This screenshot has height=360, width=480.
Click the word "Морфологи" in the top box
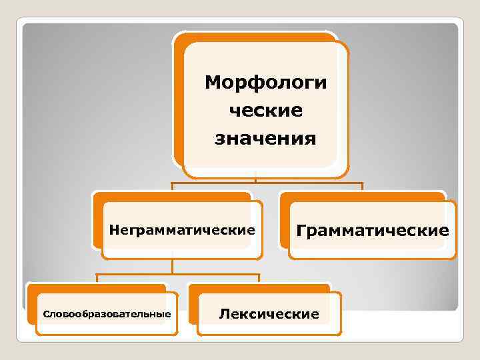coord(266,83)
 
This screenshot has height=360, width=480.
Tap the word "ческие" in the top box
coord(266,111)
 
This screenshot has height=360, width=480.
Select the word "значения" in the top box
coord(265,139)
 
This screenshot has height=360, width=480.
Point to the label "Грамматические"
coord(372,231)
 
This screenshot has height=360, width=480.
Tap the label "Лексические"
coord(269,313)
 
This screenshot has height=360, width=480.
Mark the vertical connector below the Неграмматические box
coord(173,265)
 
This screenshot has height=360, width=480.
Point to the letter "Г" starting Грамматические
coord(301,231)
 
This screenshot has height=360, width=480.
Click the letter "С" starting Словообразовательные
coord(45,313)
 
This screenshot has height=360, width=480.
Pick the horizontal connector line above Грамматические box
coord(333,183)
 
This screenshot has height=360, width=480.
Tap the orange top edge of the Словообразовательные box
coord(97,288)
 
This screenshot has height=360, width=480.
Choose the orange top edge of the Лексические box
coord(260,288)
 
